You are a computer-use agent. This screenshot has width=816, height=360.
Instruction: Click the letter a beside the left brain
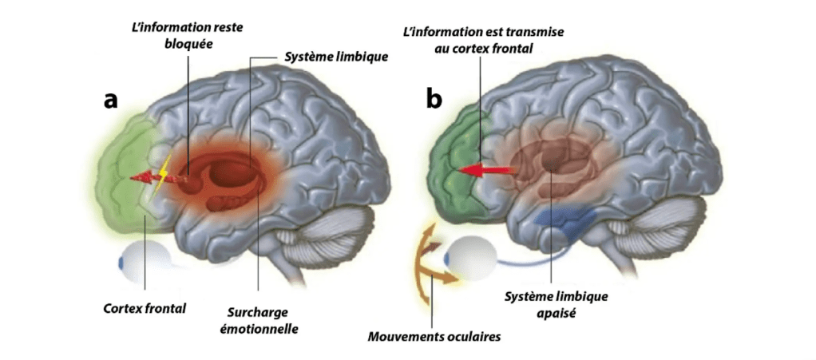[111, 101]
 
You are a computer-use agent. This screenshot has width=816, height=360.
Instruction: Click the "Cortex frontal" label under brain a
[145, 307]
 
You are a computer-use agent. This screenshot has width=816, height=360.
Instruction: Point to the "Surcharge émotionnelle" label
[259, 319]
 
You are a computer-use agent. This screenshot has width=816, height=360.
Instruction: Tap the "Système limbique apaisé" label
[557, 305]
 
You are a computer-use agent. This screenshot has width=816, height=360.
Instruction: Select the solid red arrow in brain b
[479, 168]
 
